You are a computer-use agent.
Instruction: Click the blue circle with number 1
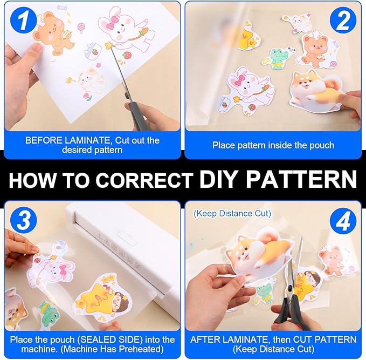[23, 21]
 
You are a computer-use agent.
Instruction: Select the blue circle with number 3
[23, 220]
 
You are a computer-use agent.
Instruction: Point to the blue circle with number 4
[343, 221]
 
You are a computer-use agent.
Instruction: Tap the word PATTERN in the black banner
[301, 179]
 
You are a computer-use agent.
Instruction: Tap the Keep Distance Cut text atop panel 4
[232, 214]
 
